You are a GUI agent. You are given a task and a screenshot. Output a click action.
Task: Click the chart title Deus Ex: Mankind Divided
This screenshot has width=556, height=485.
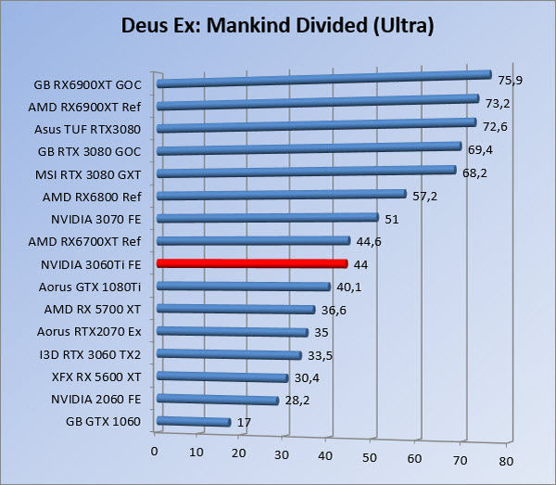tap(277, 24)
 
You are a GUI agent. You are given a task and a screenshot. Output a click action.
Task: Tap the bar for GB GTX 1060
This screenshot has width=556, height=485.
tap(194, 421)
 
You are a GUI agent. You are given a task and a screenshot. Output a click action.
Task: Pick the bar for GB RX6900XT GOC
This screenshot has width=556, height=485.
tap(324, 80)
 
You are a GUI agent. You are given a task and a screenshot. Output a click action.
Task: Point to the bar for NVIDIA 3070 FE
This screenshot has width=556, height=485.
tap(268, 219)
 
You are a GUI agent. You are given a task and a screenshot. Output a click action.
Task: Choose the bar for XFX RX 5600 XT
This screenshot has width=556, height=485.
tap(222, 377)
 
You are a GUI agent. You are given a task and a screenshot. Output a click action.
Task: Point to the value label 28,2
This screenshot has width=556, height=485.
tap(297, 400)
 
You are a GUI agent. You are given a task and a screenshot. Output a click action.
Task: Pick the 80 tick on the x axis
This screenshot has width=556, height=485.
tap(505, 460)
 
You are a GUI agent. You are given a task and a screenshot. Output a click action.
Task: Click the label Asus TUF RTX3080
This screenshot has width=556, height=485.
tap(87, 129)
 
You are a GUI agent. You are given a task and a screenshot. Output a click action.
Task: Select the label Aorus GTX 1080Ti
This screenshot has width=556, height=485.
tap(90, 287)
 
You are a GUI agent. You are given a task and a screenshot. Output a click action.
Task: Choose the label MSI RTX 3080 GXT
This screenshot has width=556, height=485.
tap(89, 173)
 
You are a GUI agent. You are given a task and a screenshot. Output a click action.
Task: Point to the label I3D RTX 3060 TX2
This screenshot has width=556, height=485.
tap(90, 354)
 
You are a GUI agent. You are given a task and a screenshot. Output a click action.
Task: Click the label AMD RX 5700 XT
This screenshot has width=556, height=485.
tap(92, 309)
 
